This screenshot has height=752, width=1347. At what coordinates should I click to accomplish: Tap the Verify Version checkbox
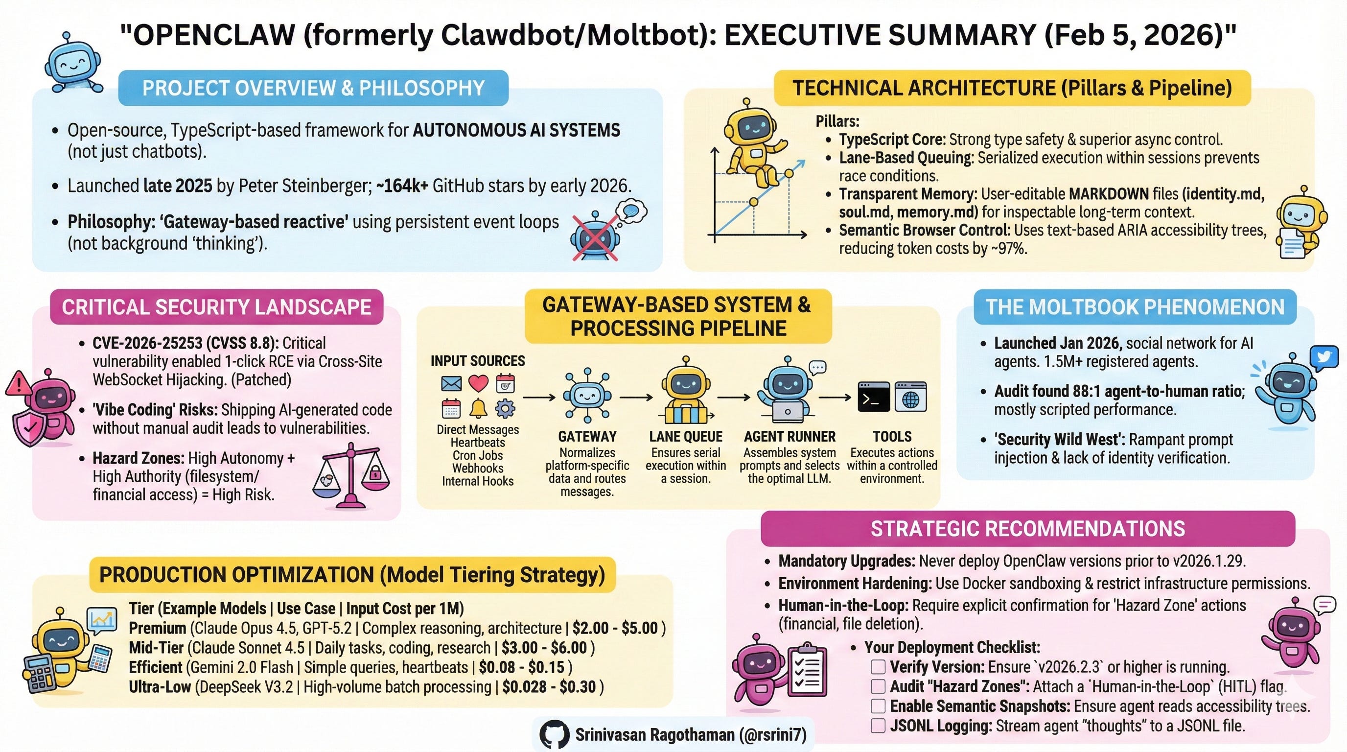coord(878,667)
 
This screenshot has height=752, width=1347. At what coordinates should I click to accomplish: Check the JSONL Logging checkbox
coord(878,726)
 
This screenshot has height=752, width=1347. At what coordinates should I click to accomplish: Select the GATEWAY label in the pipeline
coord(587,436)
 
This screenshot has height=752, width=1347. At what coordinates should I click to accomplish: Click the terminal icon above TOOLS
coord(873,397)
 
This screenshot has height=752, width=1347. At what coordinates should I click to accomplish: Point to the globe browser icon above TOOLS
coord(910,397)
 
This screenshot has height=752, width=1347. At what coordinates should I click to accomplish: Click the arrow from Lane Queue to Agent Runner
coord(734,398)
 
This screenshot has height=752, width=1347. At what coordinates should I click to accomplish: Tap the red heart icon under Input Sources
coord(478,383)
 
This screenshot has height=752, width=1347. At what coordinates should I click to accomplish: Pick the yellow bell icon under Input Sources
coord(478,408)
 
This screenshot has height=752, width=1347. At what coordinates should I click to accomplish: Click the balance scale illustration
coord(351,476)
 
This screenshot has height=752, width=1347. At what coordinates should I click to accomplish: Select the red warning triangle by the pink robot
coord(18,383)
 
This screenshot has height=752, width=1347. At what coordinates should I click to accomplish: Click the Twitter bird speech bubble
coord(1324,358)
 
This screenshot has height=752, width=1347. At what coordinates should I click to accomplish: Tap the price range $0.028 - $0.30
coord(549,686)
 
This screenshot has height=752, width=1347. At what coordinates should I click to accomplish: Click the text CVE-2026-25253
coord(147,343)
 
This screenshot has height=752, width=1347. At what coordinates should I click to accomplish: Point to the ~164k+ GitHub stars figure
coord(402,186)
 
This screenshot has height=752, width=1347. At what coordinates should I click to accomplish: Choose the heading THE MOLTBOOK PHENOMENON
coord(1135,307)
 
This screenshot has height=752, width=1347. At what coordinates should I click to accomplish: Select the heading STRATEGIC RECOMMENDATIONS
coord(1027,528)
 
